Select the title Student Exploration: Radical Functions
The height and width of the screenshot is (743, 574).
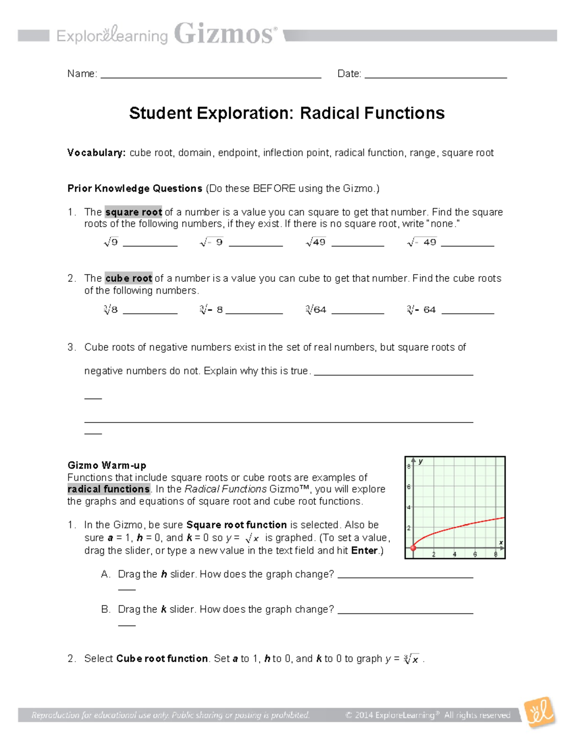click(x=287, y=113)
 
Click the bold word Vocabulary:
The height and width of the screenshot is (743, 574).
click(x=96, y=153)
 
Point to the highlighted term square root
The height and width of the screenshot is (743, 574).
click(x=133, y=212)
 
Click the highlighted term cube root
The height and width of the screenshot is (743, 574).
click(x=129, y=278)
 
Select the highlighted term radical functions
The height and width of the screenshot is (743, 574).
click(x=109, y=489)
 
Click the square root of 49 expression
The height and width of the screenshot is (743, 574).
click(x=316, y=243)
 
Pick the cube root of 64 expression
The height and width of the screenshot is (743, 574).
click(x=316, y=310)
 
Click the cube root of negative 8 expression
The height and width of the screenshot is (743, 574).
click(x=211, y=310)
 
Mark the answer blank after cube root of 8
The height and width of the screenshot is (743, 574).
click(x=150, y=312)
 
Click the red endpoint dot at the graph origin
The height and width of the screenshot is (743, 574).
click(x=414, y=548)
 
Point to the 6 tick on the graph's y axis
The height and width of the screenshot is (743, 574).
click(x=409, y=487)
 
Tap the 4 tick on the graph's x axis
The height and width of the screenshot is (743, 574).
click(x=454, y=554)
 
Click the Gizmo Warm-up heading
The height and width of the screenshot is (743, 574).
click(x=107, y=465)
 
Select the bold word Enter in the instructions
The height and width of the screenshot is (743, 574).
click(x=364, y=550)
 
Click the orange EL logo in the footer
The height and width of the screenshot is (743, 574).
click(x=540, y=713)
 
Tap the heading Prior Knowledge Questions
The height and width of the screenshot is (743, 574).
click(x=135, y=189)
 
